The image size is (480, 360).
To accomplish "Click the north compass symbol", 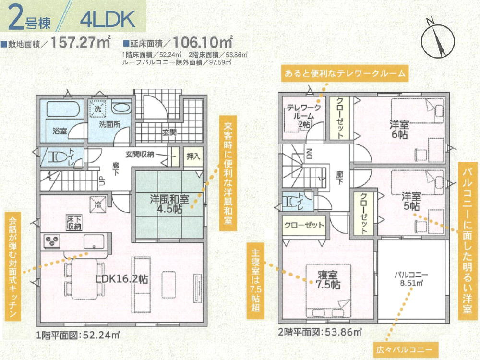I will pos(437,38).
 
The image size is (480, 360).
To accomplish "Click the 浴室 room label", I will pos(60,131).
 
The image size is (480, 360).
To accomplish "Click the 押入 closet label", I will pos(193,156).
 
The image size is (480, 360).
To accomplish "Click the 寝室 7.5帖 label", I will pos(328,279).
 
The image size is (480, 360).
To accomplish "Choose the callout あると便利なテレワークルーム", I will pos(345,74).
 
